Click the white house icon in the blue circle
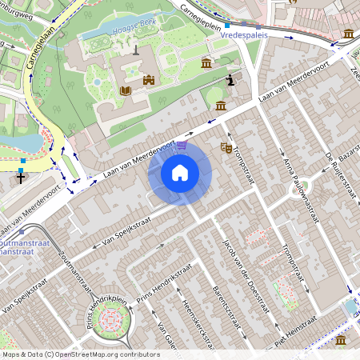(x=180, y=172)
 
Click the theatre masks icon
(x=226, y=148)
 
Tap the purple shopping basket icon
(x=183, y=145)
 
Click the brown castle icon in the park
(x=148, y=80)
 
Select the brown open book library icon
(x=124, y=91)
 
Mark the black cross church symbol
(x=22, y=178)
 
